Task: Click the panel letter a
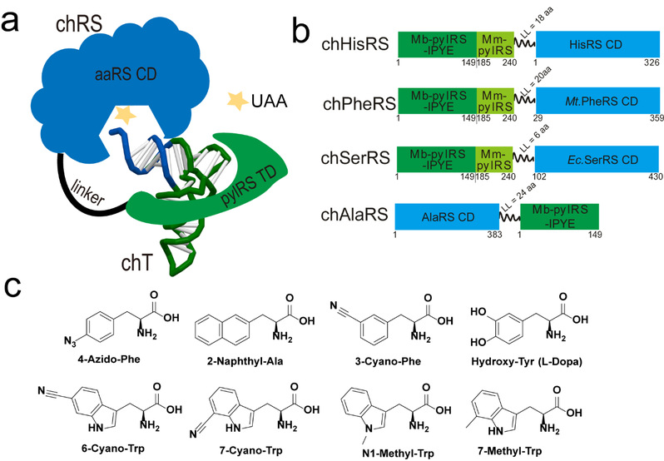(x=16, y=18)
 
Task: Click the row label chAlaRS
(x=355, y=219)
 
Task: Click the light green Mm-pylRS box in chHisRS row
(x=496, y=44)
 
